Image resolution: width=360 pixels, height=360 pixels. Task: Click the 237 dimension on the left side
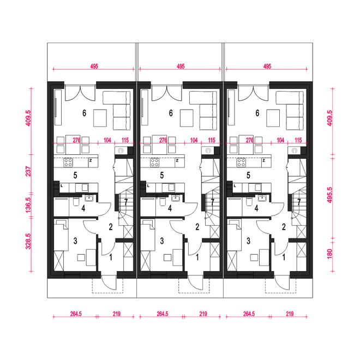tap(28, 171)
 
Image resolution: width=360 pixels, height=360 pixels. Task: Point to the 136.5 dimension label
tap(28, 205)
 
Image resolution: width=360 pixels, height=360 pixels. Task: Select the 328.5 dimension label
tap(28, 241)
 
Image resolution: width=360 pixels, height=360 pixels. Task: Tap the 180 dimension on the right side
tap(329, 254)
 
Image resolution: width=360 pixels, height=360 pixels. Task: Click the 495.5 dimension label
tap(329, 195)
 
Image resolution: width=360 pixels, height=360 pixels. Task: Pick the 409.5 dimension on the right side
tap(329, 118)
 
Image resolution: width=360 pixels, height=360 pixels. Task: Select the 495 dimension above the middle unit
tap(181, 67)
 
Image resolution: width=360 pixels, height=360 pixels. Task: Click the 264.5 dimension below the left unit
tap(76, 314)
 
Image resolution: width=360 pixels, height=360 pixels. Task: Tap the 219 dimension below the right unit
tap(290, 314)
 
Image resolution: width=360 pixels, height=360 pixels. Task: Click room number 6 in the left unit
tap(84, 113)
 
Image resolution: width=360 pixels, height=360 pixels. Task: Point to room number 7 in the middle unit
tap(212, 202)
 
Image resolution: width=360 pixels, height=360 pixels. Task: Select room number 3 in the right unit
tap(248, 241)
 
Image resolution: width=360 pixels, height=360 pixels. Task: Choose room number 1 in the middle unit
tap(197, 257)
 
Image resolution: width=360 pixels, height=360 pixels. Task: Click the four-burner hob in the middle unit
tap(155, 163)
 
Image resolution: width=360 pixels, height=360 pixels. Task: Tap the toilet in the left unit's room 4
tap(76, 202)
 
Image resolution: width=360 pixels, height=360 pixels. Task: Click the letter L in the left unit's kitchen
tap(62, 186)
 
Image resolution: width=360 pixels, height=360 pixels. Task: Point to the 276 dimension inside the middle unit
tap(163, 140)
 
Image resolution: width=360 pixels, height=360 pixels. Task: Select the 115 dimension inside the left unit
tap(125, 140)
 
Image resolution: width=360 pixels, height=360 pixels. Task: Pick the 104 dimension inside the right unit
tap(280, 140)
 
